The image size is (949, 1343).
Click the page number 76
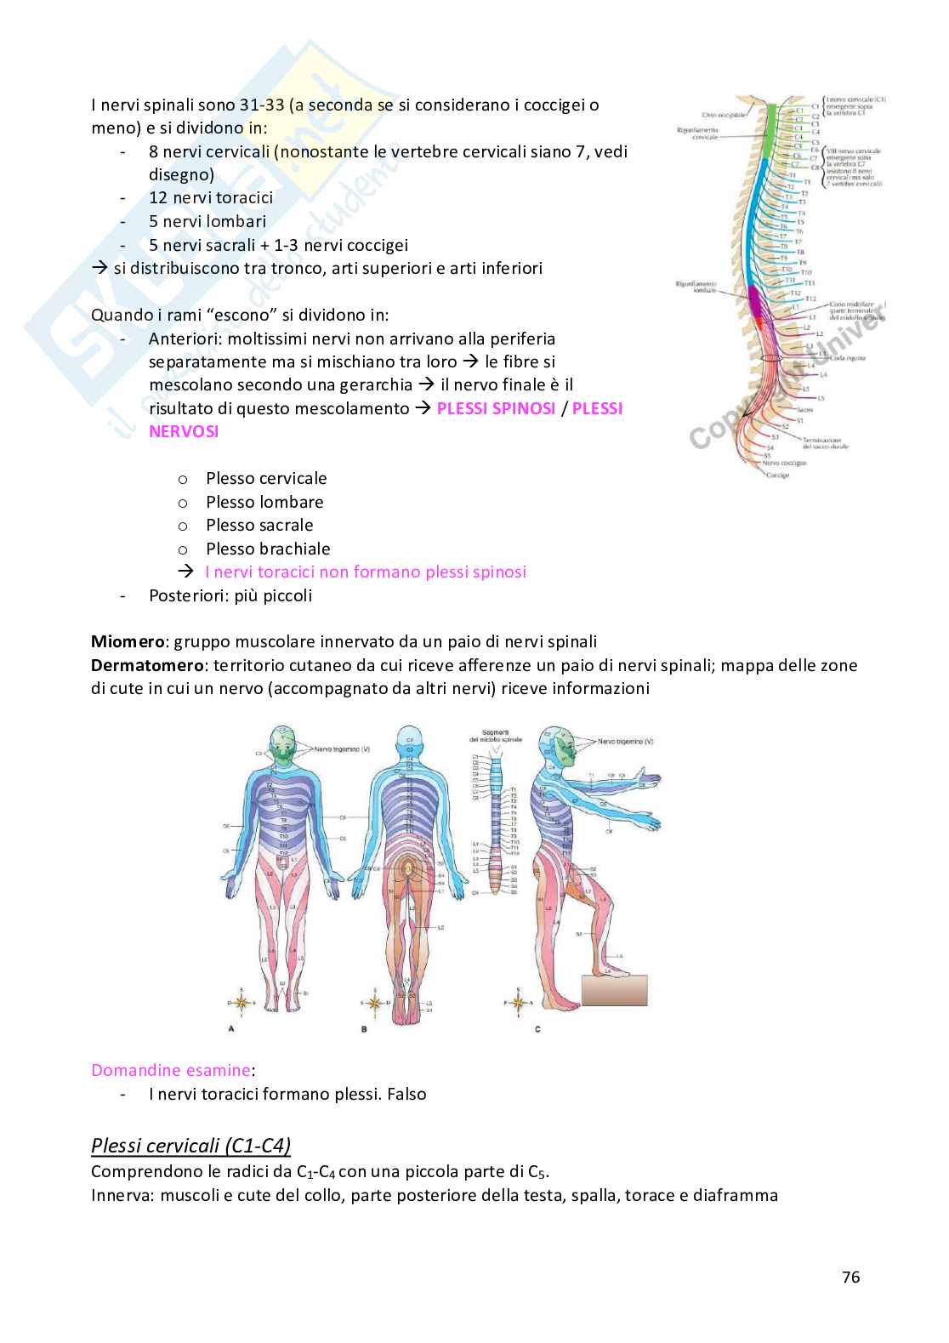[x=850, y=1277]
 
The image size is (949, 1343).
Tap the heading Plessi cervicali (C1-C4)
[x=191, y=1145]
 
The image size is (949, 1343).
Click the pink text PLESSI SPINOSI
[x=496, y=408]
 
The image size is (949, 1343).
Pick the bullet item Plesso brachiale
[x=268, y=549]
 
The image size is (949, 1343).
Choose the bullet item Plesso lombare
[x=264, y=502]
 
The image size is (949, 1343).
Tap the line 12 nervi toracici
[x=211, y=197]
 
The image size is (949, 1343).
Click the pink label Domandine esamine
[x=171, y=1070]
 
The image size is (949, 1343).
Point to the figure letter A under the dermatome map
[x=231, y=1028]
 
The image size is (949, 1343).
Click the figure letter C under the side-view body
[x=537, y=1028]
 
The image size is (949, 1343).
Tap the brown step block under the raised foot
[x=614, y=990]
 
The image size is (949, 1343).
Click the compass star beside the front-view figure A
[x=242, y=1002]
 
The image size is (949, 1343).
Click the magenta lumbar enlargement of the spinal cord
[x=755, y=304]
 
